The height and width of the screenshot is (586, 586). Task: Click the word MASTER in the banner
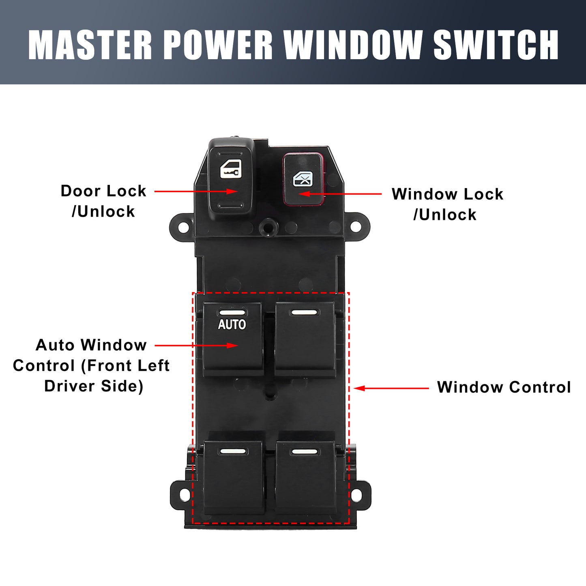(x=90, y=45)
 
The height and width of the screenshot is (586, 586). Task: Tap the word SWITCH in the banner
(x=496, y=45)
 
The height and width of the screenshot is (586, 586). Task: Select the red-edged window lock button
(x=303, y=179)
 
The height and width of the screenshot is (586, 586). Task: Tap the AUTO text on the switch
(x=232, y=324)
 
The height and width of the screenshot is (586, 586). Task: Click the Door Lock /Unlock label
(x=103, y=201)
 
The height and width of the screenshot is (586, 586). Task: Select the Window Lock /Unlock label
(x=447, y=204)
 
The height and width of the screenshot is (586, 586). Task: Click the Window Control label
(x=504, y=387)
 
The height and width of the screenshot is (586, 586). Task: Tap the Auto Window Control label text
(x=91, y=366)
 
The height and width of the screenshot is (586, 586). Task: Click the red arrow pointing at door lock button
(x=196, y=191)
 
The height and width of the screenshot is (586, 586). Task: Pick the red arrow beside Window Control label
(x=391, y=389)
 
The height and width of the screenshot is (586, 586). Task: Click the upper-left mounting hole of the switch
(x=183, y=227)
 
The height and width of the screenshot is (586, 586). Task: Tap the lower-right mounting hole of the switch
(x=356, y=495)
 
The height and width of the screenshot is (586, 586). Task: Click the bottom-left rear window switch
(x=234, y=477)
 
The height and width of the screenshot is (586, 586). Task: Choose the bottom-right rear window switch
(x=306, y=477)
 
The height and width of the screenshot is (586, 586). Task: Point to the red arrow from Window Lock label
(x=340, y=194)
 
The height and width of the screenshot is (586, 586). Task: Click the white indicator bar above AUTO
(x=232, y=313)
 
